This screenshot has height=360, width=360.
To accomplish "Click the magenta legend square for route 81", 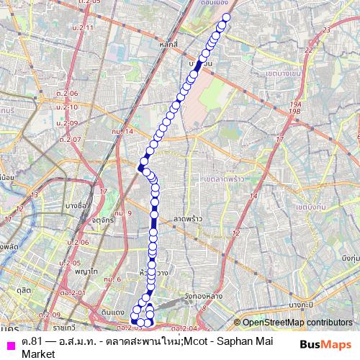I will coord(9,341).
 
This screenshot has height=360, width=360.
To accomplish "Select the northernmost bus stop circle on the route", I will coord(227,17).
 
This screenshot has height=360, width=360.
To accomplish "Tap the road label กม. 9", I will coord(125,213).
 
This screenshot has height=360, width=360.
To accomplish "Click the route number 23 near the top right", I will coord(327,30).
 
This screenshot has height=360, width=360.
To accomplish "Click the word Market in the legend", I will coord(38,353).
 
